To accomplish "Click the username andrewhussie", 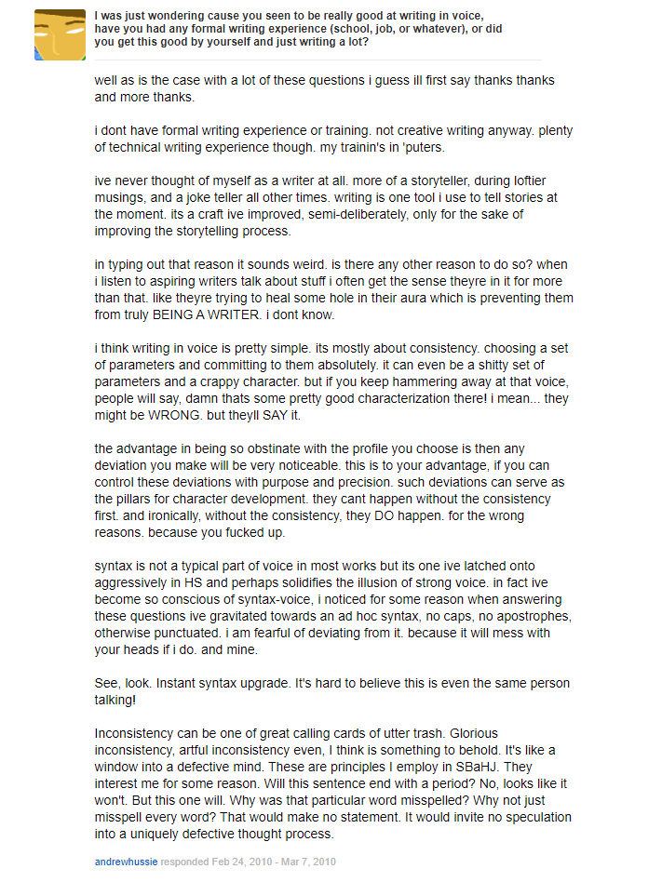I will point(126,862).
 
